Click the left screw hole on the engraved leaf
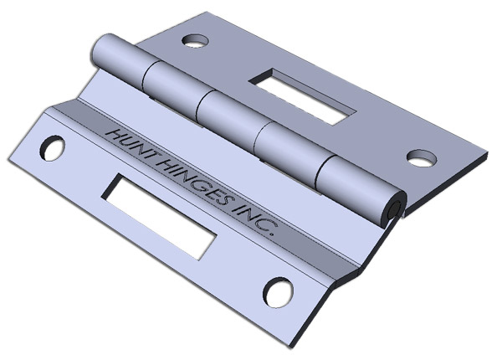(53, 149)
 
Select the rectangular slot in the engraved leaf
(159, 215)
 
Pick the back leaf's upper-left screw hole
(196, 40)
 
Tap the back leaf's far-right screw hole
(422, 158)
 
